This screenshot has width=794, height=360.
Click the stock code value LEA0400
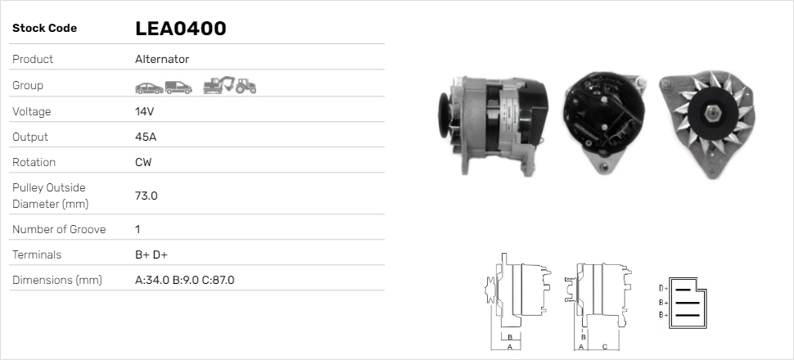point(180,29)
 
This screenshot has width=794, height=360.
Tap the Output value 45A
point(146,137)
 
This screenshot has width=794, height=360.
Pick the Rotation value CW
point(143,162)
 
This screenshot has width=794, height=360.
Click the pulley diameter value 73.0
point(146,196)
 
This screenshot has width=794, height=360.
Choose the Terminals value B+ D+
point(151,254)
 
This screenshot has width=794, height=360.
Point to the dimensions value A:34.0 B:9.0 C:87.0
point(184,280)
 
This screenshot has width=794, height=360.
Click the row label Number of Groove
point(59,229)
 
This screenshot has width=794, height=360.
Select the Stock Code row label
point(44,29)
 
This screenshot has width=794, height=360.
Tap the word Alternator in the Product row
point(161,59)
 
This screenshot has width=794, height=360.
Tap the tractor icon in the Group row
point(246,85)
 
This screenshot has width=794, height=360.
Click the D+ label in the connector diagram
point(663,288)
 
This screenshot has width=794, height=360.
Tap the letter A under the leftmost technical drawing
point(509,347)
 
